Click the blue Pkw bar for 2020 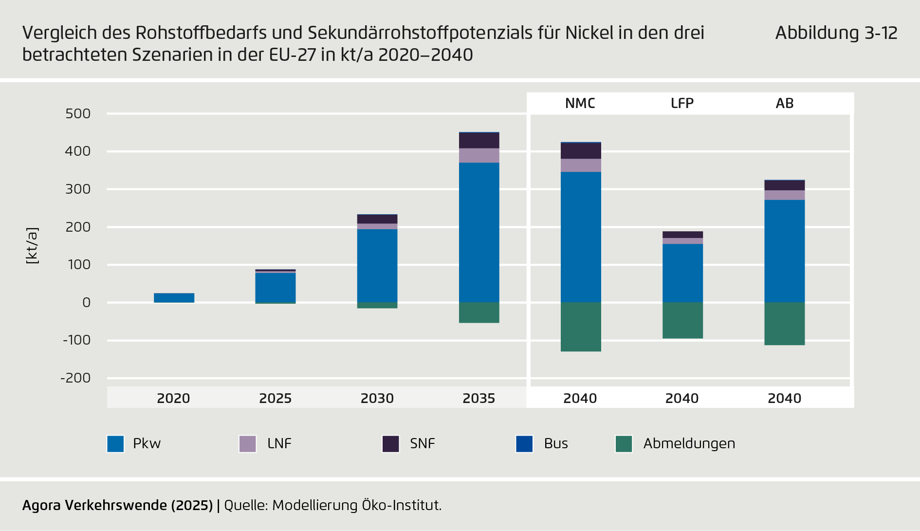[174, 298]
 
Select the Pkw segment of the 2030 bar [377, 265]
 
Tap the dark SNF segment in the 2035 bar [479, 141]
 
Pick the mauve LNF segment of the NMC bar [581, 165]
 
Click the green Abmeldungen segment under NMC [581, 327]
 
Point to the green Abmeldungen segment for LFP [682, 320]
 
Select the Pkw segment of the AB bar [784, 251]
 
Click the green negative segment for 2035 [479, 312]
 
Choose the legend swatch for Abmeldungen [624, 444]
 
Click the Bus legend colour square [524, 444]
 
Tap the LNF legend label [279, 443]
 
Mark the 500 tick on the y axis [78, 114]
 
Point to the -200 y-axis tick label [75, 378]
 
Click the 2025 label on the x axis [275, 398]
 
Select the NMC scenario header [580, 103]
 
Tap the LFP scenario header [682, 103]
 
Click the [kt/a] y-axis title [32, 246]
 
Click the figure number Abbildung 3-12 [836, 33]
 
